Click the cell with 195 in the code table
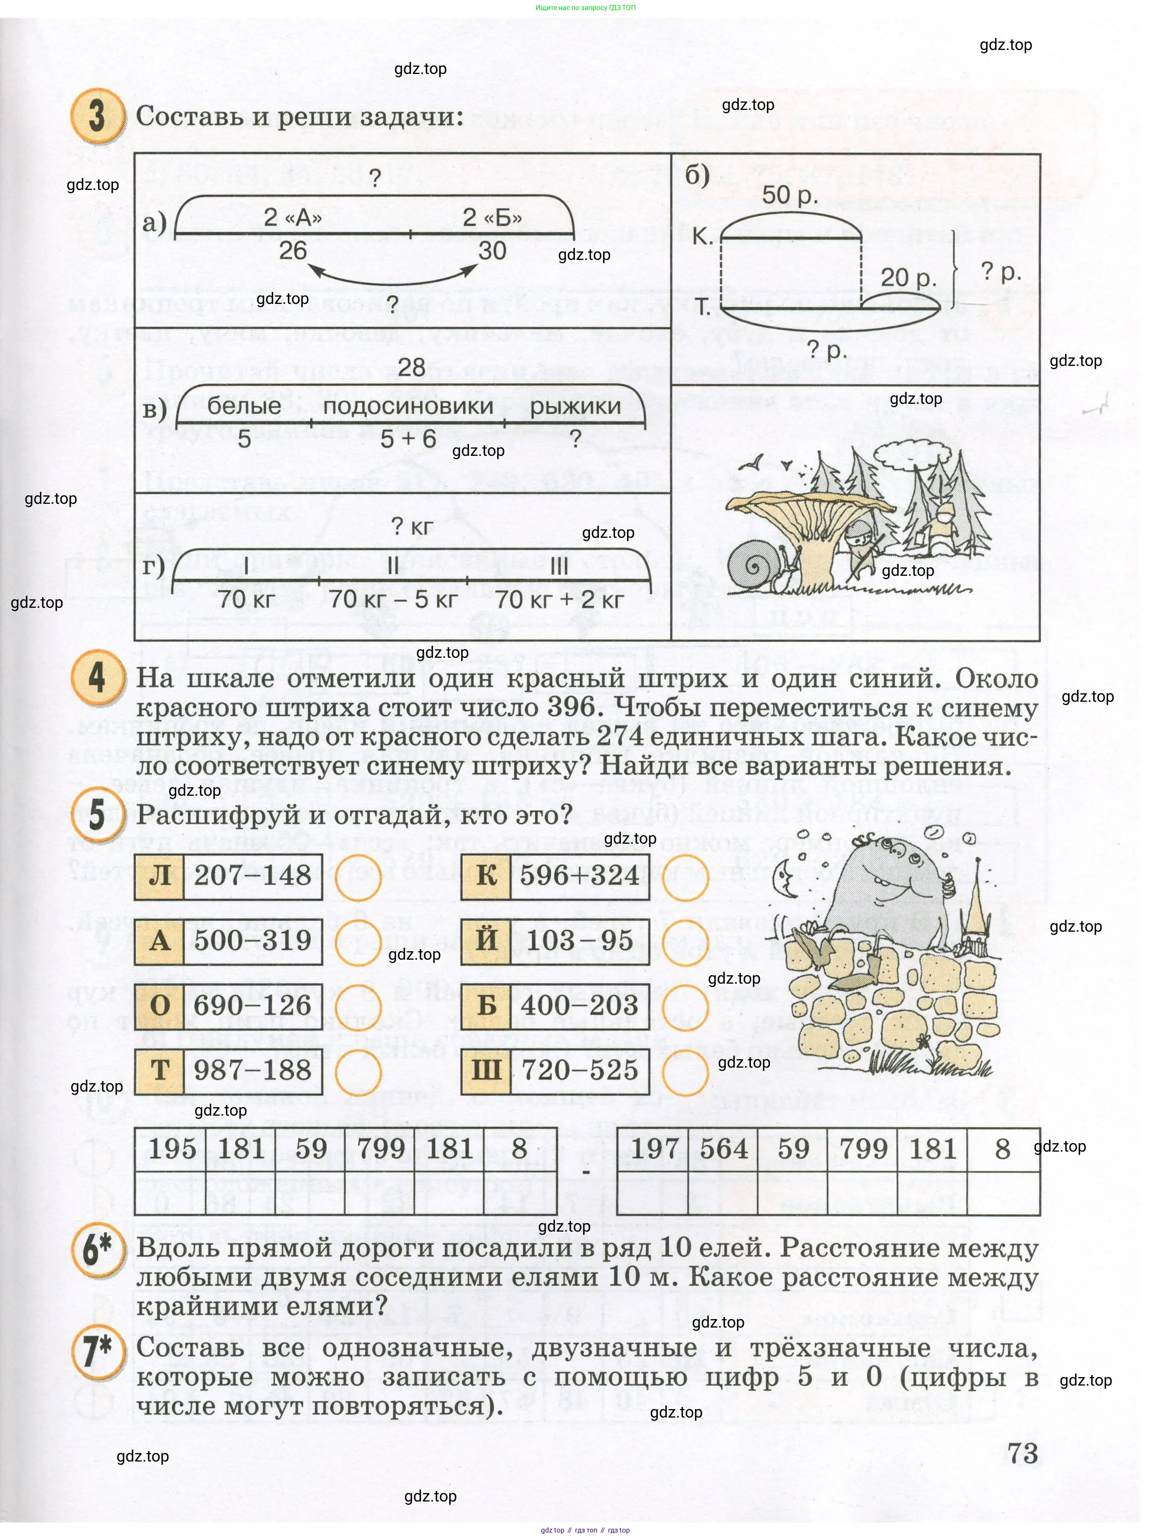[x=172, y=1149]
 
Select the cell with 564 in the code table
[x=723, y=1149]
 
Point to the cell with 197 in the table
[x=654, y=1149]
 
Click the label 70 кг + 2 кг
[x=560, y=599]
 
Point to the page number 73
[x=1023, y=1453]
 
